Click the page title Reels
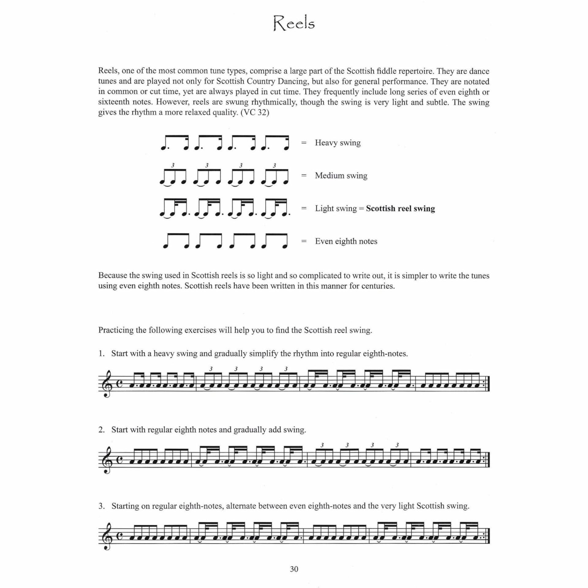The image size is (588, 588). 294,24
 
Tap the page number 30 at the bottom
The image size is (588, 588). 294,569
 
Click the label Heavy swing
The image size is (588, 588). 337,143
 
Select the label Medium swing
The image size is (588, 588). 341,175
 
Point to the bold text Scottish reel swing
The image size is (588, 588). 400,209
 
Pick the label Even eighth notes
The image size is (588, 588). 346,241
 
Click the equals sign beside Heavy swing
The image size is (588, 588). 304,143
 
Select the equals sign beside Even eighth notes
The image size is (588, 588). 304,241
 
